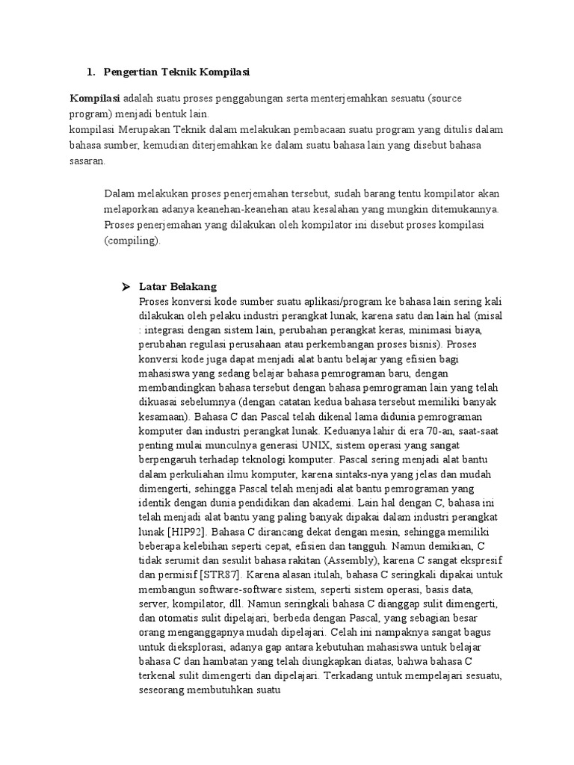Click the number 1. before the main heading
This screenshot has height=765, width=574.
90,72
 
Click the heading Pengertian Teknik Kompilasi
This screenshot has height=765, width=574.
176,72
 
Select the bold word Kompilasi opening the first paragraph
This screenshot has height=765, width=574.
95,99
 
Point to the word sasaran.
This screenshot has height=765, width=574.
87,160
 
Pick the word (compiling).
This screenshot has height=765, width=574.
132,241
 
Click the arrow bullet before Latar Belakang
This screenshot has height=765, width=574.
126,287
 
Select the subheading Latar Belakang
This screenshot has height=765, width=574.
178,287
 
